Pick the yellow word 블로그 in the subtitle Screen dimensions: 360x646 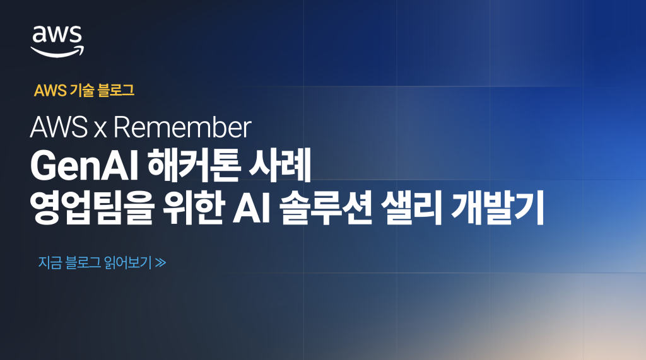[116, 91]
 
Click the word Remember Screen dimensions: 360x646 [183, 129]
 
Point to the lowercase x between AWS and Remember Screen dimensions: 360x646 [100, 130]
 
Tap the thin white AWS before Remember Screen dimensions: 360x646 [59, 129]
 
